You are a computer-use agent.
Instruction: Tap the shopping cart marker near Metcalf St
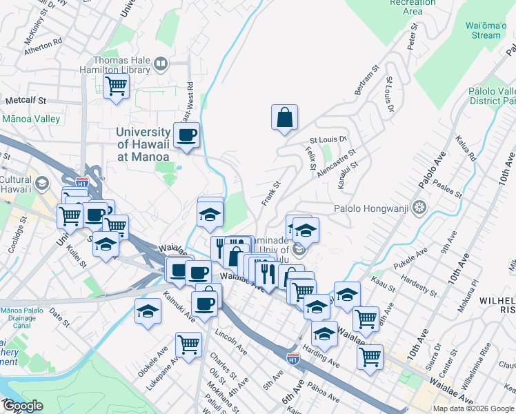coord(116,86)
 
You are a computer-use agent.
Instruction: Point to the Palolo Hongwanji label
coord(372,208)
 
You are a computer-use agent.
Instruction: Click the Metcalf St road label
coord(26,100)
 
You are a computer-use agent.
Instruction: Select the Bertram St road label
coord(367,81)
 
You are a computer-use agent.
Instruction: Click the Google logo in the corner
coord(22,406)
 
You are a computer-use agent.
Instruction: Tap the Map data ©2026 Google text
coord(473,408)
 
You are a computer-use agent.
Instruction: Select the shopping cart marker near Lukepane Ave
coord(188,344)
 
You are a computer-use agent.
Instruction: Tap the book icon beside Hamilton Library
coord(161,65)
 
